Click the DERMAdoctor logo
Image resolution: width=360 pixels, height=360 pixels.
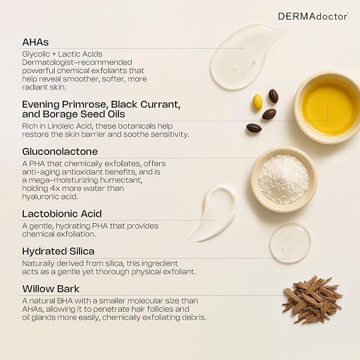point(313,16)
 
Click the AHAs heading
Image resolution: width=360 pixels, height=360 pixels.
point(36,42)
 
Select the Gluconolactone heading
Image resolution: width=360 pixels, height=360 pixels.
point(60,152)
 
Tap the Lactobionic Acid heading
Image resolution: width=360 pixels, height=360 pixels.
point(62,214)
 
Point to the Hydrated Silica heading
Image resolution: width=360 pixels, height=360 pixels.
point(58,251)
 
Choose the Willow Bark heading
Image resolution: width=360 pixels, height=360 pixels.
point(51,289)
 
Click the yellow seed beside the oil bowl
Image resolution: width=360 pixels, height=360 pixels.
point(257,102)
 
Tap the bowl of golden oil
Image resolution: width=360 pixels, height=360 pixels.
point(328,108)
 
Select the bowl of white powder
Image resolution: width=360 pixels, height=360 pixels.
point(284,179)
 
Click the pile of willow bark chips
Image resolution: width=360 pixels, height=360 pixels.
point(313,300)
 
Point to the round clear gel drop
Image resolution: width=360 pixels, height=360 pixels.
point(291,242)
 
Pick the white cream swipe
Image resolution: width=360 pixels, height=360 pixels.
point(215,214)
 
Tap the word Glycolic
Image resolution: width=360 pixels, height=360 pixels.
point(36,54)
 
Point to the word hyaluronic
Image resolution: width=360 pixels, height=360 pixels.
point(39,197)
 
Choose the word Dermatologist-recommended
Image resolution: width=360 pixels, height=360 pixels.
point(77,63)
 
